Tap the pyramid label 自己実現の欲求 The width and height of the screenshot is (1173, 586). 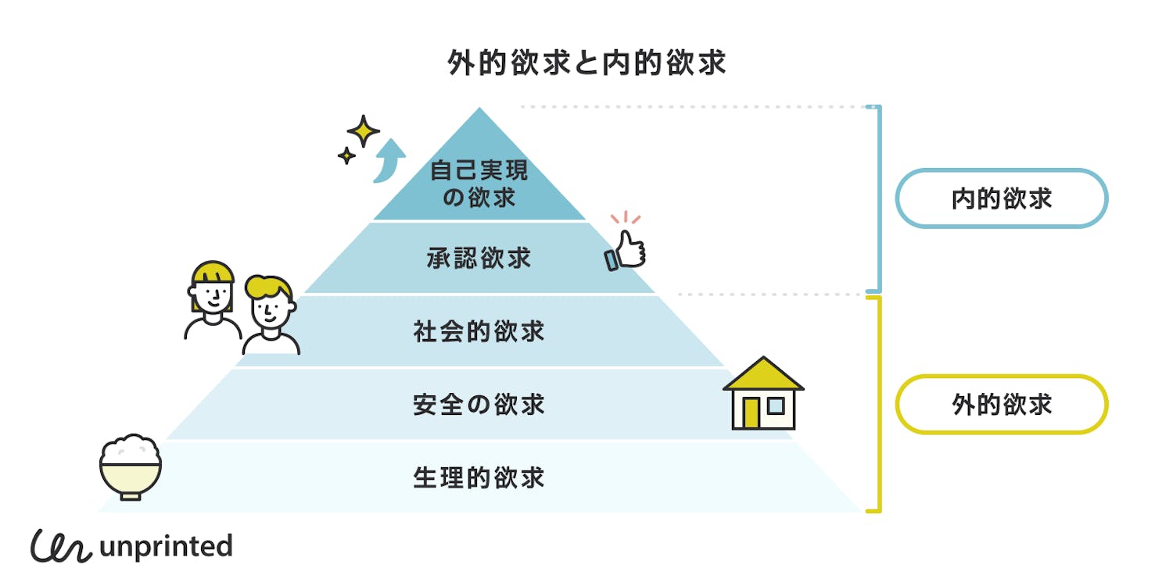tap(479, 184)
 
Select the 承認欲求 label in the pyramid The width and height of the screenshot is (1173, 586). tap(479, 258)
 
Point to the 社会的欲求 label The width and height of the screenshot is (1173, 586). tap(479, 331)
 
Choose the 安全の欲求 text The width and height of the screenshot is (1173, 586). tap(479, 405)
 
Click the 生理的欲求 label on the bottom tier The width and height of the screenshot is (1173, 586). tap(479, 477)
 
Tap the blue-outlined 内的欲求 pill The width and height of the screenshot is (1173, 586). tap(1001, 198)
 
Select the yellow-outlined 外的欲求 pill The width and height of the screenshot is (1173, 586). tap(1001, 405)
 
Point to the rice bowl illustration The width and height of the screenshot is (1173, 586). tap(131, 467)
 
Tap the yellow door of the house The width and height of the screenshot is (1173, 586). tap(751, 413)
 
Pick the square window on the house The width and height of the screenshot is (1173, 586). tap(776, 406)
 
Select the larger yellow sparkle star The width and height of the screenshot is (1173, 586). tap(363, 131)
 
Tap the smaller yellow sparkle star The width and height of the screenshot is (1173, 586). tap(346, 155)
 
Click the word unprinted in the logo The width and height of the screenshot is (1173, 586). tap(166, 546)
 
